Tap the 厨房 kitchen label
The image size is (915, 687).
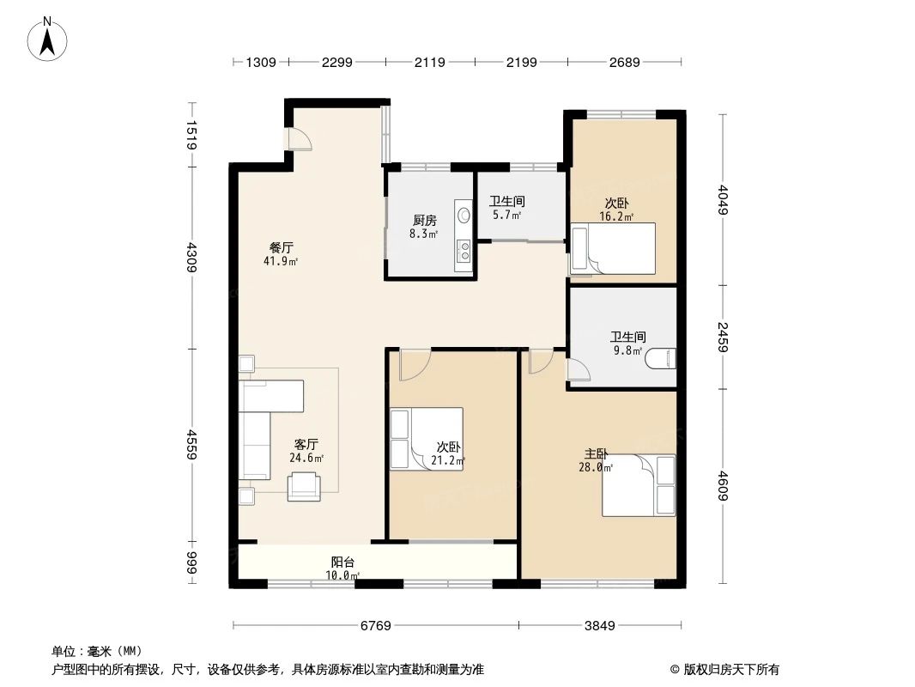(424, 221)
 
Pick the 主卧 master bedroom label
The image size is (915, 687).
(597, 454)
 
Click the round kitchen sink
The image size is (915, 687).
(464, 216)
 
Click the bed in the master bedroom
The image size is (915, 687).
(639, 486)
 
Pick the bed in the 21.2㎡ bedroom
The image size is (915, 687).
(427, 439)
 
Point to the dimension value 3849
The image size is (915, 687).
(602, 626)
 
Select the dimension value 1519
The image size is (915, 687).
(192, 136)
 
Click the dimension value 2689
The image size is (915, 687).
(624, 62)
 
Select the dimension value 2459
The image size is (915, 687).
(723, 337)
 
